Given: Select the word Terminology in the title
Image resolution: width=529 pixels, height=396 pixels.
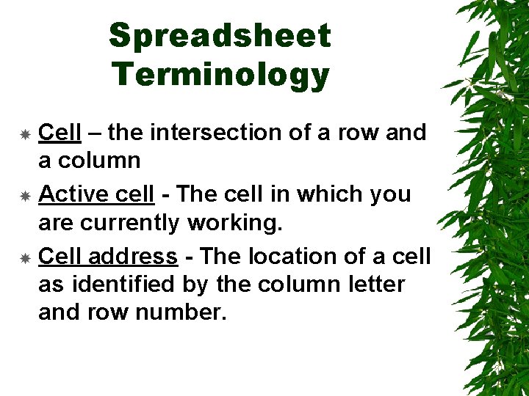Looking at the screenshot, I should click(220, 74).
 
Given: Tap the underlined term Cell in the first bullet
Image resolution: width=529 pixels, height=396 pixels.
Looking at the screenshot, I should click(60, 133).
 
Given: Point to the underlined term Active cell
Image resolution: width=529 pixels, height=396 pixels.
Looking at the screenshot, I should click(96, 194).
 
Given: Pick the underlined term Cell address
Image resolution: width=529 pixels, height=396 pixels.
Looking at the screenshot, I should click(107, 256).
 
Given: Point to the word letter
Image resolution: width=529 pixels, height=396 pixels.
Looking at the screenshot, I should click(372, 284).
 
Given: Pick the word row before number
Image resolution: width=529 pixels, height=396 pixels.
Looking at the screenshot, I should click(107, 312).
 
